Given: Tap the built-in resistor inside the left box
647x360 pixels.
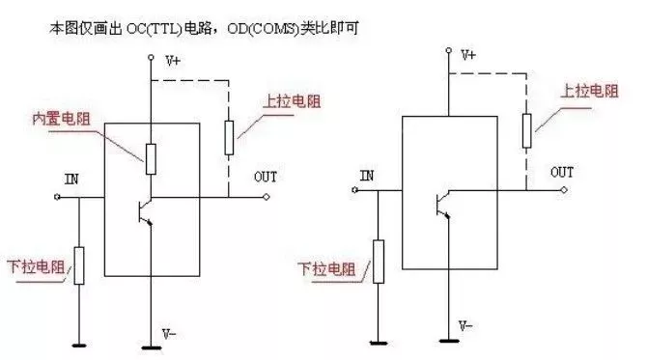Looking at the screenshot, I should click(151, 158).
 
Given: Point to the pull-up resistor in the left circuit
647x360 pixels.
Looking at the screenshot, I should click(229, 136).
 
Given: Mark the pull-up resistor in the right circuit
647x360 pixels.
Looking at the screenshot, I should click(525, 130).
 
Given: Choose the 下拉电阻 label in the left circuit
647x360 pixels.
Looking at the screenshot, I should click(32, 267).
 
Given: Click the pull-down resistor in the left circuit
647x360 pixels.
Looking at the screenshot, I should click(80, 264).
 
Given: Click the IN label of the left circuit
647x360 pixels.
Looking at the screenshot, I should click(71, 180).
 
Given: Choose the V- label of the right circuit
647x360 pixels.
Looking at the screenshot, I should click(465, 324).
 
